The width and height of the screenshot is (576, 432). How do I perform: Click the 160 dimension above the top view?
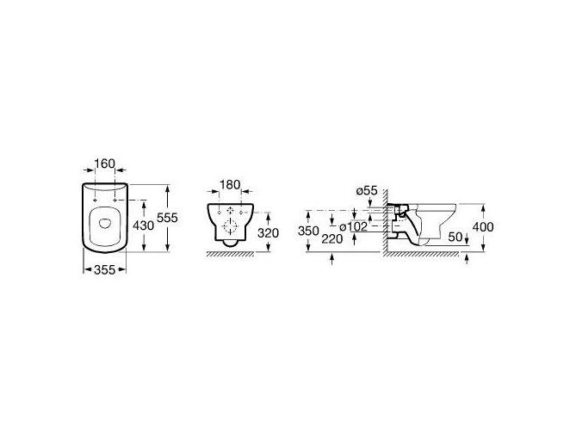(x=105, y=164)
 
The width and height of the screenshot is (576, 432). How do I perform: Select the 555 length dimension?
(x=167, y=218)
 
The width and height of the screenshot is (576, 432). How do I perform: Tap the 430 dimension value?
(x=143, y=225)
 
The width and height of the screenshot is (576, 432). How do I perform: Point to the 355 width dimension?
(x=105, y=269)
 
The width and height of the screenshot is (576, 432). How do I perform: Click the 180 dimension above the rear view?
(x=230, y=185)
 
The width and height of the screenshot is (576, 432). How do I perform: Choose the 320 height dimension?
(x=268, y=232)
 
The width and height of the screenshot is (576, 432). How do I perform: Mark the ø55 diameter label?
(x=367, y=190)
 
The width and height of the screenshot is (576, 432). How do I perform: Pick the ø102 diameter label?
(x=354, y=226)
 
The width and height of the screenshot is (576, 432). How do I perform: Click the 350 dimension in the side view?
(x=308, y=231)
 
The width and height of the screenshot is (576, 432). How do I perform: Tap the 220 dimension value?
(x=332, y=239)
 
